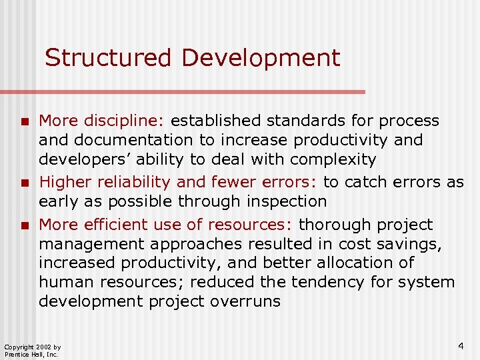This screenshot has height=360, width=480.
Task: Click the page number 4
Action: click(461, 345)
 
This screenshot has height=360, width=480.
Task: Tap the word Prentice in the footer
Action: click(15, 355)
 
